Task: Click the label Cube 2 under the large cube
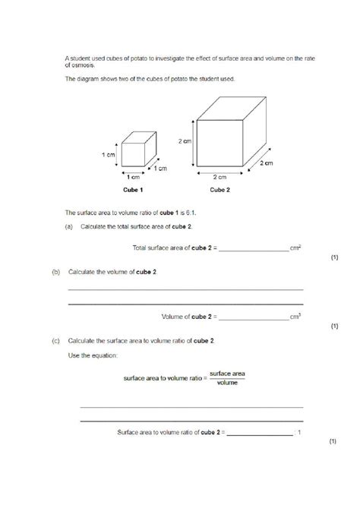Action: [220, 191]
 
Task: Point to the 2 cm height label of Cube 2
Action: [185, 142]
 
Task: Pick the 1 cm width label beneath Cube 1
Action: [124, 176]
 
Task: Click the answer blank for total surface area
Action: [253, 248]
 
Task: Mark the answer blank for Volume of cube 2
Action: [253, 316]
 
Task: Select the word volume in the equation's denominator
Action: [227, 383]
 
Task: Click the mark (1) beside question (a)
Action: [333, 258]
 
